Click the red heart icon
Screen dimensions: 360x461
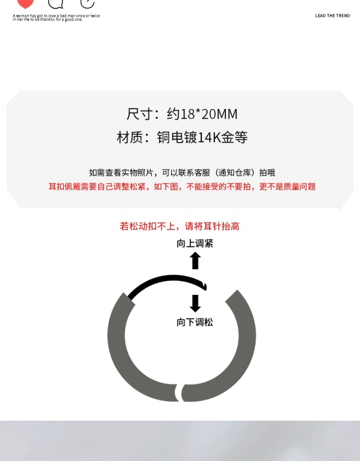pos(25,3)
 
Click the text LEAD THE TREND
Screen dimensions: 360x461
pos(332,16)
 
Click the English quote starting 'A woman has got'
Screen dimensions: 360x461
pos(56,18)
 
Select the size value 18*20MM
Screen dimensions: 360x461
pos(209,114)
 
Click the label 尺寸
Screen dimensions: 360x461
pos(139,114)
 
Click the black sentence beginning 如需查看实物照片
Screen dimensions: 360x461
pos(182,173)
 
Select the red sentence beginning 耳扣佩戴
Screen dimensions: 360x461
pos(182,187)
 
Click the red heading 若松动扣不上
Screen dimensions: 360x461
pos(180,226)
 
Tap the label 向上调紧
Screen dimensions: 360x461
pos(195,243)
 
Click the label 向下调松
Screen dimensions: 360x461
pos(195,322)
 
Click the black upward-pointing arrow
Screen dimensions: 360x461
pos(195,260)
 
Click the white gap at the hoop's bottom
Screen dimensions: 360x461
pos(179,392)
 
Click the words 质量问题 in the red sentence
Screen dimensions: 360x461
pos(301,187)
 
